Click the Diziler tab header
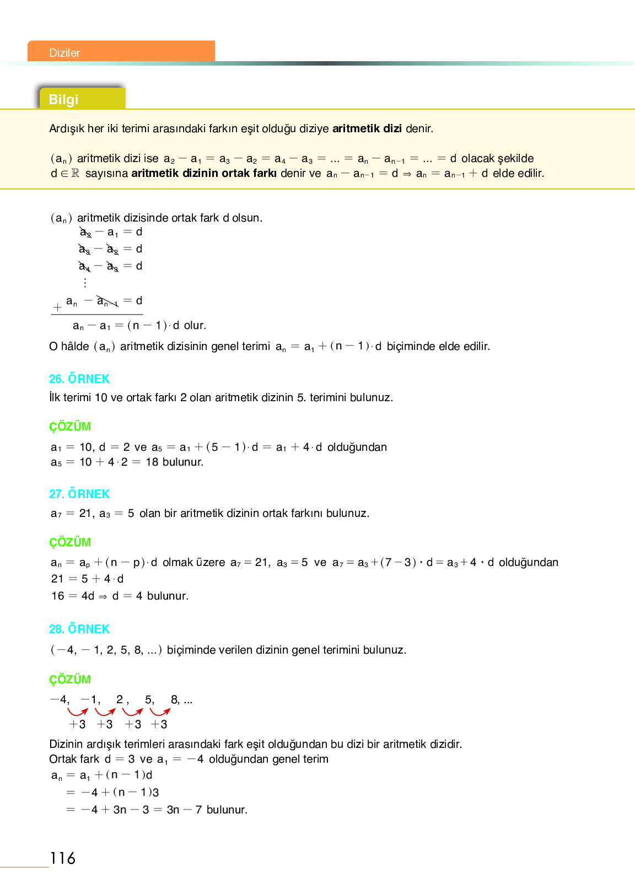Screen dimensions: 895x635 [65, 53]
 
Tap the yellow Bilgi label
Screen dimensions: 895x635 [64, 100]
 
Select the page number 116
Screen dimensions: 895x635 [62, 858]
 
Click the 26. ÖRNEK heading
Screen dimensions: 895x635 [79, 379]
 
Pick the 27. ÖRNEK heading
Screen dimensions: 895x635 [79, 494]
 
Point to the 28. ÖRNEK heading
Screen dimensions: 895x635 [79, 629]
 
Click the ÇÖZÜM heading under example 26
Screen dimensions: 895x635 [70, 427]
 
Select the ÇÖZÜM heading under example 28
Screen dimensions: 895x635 [70, 680]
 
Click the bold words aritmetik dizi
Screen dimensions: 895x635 [367, 129]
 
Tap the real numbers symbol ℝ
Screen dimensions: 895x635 [76, 174]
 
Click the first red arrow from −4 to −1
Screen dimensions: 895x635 [77, 712]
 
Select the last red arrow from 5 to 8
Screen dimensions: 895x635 [160, 712]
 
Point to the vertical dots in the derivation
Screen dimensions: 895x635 [85, 283]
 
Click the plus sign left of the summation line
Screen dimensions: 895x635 [57, 308]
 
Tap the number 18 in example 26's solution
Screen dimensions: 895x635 [152, 462]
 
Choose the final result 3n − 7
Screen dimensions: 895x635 [184, 810]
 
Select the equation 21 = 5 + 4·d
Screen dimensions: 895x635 [88, 579]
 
